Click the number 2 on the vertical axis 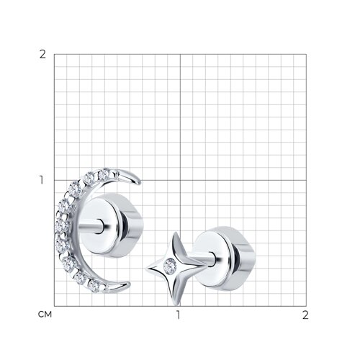click(x=42, y=55)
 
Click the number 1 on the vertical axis click(x=42, y=180)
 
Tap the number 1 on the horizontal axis click(x=178, y=315)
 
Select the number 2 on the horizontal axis click(x=305, y=315)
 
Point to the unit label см click(x=45, y=315)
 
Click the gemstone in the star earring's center click(x=170, y=266)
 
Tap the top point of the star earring click(x=176, y=233)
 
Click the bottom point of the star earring click(x=176, y=305)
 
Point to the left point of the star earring click(x=146, y=269)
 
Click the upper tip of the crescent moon click(x=140, y=183)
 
